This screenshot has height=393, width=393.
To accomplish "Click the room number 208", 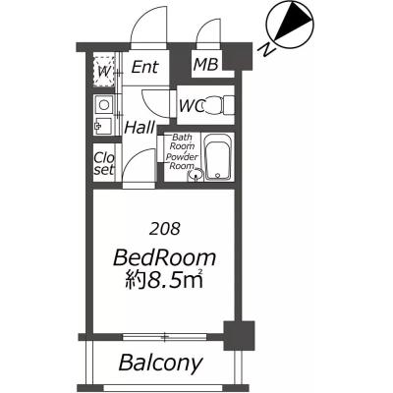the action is pos(164,229).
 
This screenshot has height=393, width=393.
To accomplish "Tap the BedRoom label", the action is pos(164,258).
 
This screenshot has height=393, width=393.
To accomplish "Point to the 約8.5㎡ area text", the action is pos(164,280).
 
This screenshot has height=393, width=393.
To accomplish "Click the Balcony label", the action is pos(160,363).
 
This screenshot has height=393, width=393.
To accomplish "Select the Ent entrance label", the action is pos(144,67).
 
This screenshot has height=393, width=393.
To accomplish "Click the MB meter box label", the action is pos(205,64).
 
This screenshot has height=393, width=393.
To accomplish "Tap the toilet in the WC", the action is pos(217,105).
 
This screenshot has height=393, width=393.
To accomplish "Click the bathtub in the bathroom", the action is pos(218,157).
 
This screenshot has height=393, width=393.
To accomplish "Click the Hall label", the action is pos(140,128).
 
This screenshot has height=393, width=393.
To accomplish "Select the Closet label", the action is pos(104,163).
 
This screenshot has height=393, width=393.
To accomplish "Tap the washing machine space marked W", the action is pos(104,72).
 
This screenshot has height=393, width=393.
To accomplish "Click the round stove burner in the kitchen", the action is pos(104,105).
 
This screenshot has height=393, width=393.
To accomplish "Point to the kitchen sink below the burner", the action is pos(103,126).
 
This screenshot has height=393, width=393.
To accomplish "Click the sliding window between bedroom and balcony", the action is pos(165,337).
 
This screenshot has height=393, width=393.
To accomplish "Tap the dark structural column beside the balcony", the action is pos(239,335).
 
